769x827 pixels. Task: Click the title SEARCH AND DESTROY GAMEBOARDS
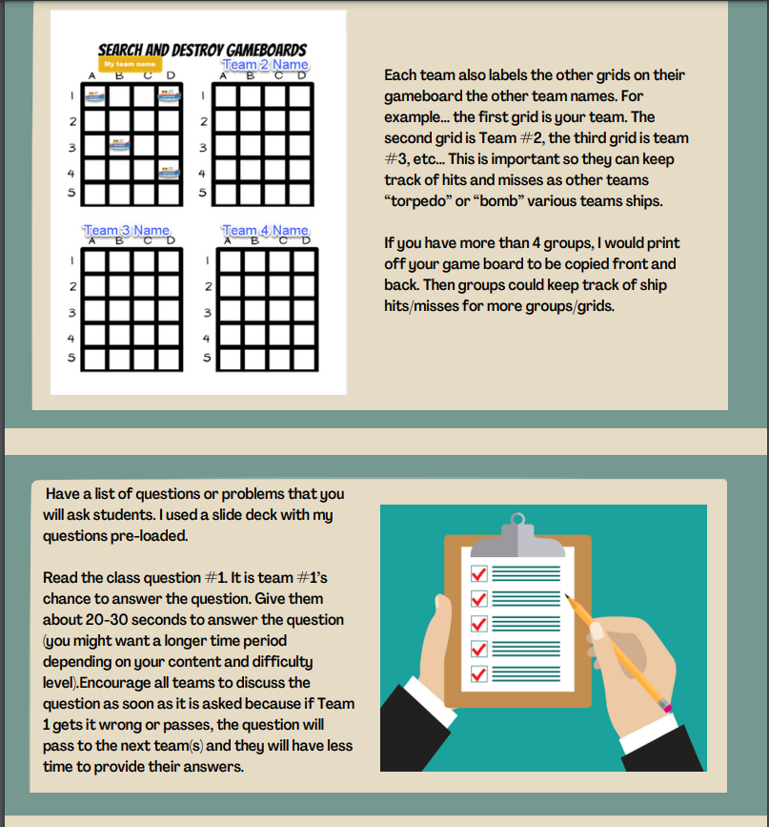coord(201,50)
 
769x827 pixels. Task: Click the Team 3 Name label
coord(126,231)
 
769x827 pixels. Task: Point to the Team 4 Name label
coord(265,231)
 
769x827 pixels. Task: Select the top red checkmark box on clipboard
coord(479,573)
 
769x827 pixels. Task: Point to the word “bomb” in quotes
coord(492,201)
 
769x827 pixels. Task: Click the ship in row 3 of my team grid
coord(119,145)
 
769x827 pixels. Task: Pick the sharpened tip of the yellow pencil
coord(567,598)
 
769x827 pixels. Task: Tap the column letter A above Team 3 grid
coord(92,240)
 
